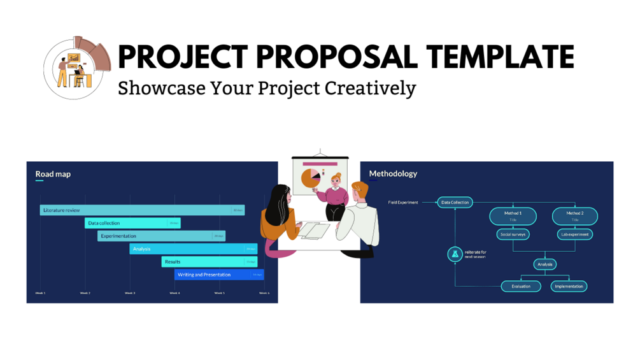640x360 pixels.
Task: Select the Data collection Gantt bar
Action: click(x=132, y=223)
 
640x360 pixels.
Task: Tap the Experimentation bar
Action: click(x=161, y=236)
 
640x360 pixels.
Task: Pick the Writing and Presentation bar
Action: click(x=219, y=275)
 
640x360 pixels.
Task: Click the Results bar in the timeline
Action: click(x=209, y=262)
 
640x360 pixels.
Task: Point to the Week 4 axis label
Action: click(x=174, y=293)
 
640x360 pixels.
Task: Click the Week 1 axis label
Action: click(x=40, y=293)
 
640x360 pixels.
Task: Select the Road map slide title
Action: click(x=53, y=174)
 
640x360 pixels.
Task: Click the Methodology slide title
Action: click(x=393, y=173)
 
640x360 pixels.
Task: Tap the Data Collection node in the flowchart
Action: click(x=455, y=203)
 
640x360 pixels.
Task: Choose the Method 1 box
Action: click(x=513, y=216)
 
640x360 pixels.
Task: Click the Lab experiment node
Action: click(x=574, y=234)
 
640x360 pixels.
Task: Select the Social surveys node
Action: click(x=513, y=234)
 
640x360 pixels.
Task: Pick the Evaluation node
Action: click(x=521, y=287)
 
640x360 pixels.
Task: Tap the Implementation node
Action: click(x=569, y=287)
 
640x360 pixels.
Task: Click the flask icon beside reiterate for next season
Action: click(x=455, y=254)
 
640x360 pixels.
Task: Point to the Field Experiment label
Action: click(x=403, y=203)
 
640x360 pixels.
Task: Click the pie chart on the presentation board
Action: click(x=311, y=178)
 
